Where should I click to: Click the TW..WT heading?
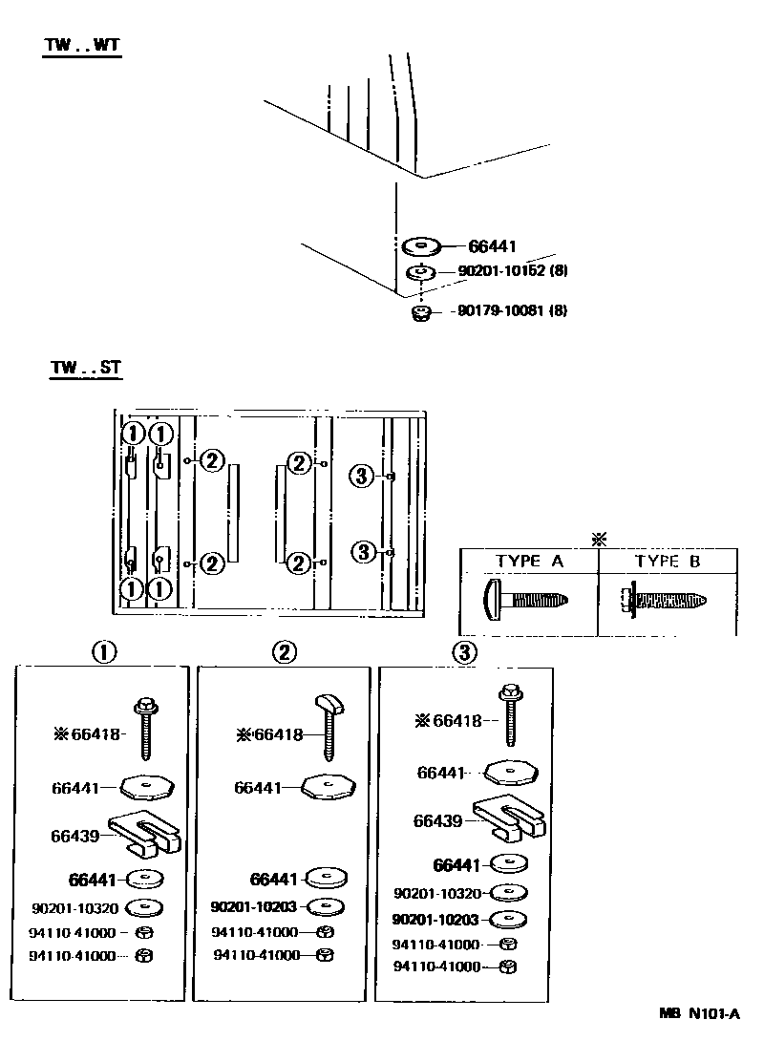[x=82, y=46]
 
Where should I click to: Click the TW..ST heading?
[x=86, y=368]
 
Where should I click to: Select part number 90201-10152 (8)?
[x=513, y=271]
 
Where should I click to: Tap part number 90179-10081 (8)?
[x=513, y=311]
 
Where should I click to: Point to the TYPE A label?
[x=529, y=561]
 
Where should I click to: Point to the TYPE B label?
[x=668, y=561]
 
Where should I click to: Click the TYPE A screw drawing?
[x=526, y=600]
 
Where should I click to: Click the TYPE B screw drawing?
[x=664, y=600]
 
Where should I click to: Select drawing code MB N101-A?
[x=700, y=1014]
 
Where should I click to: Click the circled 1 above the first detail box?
[x=104, y=652]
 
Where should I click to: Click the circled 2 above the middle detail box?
[x=285, y=652]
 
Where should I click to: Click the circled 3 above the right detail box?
[x=465, y=652]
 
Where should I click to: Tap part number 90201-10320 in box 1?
[x=75, y=908]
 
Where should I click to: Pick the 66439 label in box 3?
[x=437, y=821]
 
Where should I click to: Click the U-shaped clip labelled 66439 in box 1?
[x=143, y=833]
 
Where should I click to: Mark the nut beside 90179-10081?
[x=422, y=313]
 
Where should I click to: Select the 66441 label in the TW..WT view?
[x=493, y=245]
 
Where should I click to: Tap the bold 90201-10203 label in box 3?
[x=435, y=920]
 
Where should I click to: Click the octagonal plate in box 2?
[x=329, y=788]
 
